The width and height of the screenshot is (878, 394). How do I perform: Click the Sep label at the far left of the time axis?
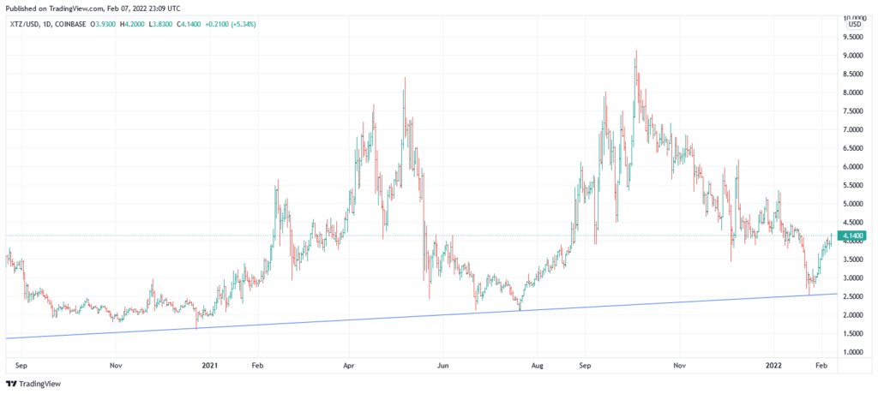click(22, 364)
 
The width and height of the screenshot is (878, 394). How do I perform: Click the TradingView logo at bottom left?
click(34, 384)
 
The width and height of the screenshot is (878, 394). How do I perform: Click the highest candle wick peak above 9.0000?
click(635, 51)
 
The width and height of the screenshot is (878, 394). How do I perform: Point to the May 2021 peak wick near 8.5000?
click(405, 78)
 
